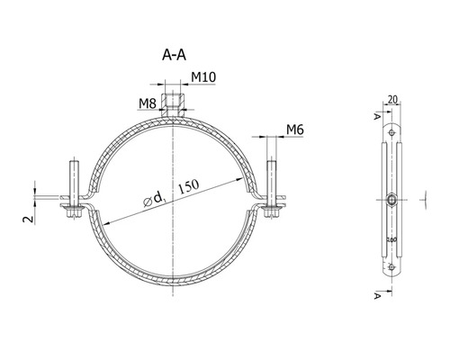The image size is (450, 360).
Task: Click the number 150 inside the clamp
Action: pyautogui.click(x=188, y=184)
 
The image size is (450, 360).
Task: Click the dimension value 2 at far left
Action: pyautogui.click(x=27, y=219)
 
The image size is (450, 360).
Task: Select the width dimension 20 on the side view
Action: pyautogui.click(x=391, y=101)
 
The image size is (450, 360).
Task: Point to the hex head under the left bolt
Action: pyautogui.click(x=73, y=212)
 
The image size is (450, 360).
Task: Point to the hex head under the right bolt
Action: pyautogui.click(x=271, y=212)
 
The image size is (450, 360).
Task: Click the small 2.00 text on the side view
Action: pyautogui.click(x=390, y=240)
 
